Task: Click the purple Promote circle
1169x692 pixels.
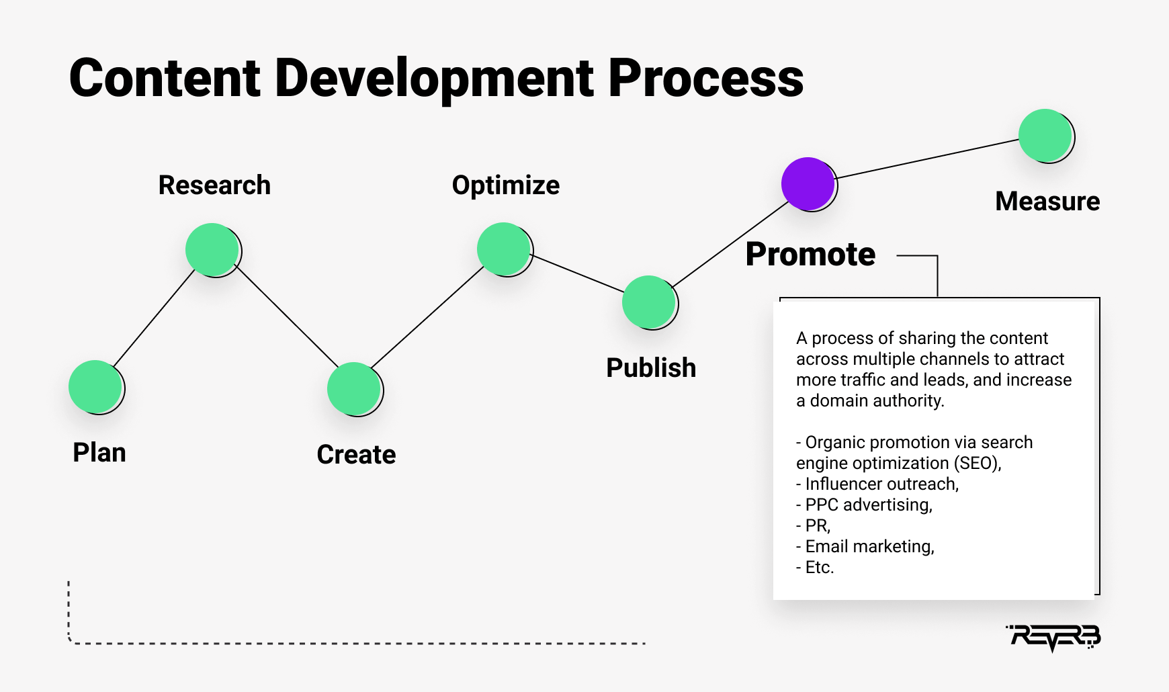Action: (809, 184)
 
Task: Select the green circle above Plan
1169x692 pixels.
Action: (96, 387)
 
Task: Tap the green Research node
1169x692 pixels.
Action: (213, 250)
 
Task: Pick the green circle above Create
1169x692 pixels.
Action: (355, 389)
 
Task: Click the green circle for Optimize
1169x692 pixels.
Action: (505, 249)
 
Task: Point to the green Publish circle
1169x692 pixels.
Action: (650, 302)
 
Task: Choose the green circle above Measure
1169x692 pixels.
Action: (1046, 136)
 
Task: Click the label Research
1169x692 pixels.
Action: (214, 185)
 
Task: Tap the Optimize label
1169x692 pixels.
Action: (506, 185)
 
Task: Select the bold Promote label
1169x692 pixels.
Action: (810, 254)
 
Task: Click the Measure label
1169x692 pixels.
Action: (1047, 202)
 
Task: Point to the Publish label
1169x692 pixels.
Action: (651, 368)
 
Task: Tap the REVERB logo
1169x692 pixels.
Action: (1053, 638)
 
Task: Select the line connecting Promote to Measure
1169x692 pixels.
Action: (927, 159)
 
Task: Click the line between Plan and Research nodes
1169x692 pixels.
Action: (154, 318)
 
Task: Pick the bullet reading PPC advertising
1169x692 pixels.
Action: (865, 505)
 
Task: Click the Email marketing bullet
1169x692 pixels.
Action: (865, 546)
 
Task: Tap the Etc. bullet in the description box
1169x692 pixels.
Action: (815, 567)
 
